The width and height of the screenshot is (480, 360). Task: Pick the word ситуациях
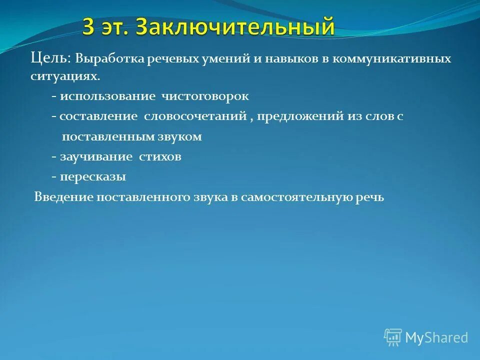tap(64, 77)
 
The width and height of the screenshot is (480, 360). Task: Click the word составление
tap(98, 116)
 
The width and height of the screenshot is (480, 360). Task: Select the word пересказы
tap(93, 176)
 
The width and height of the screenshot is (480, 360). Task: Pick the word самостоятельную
tap(298, 196)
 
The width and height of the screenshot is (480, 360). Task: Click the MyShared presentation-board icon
tap(392, 337)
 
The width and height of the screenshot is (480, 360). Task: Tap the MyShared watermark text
tap(436, 337)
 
